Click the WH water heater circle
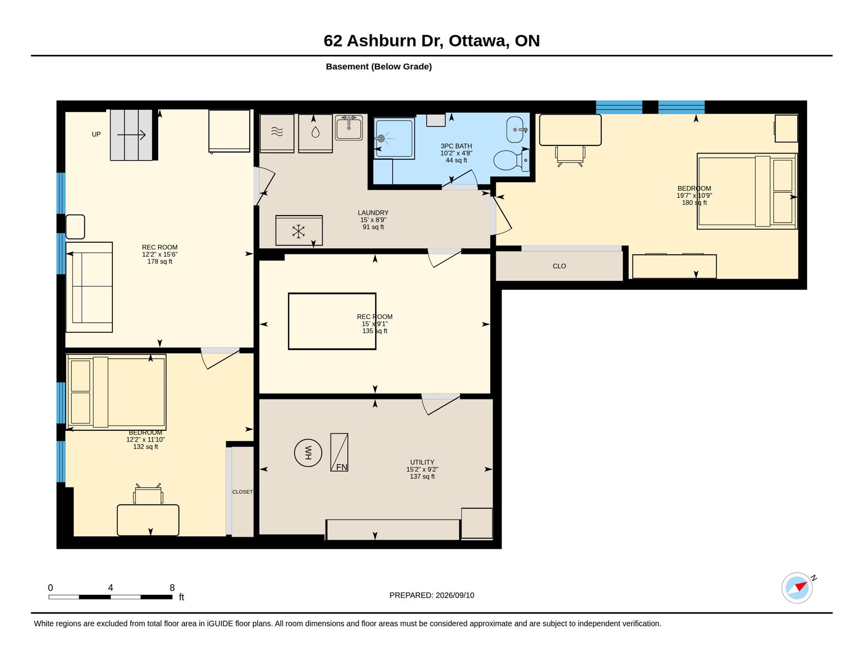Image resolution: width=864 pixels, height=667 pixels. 308,453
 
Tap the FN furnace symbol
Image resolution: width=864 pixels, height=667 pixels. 339,452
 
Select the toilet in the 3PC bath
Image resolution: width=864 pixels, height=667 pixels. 511,160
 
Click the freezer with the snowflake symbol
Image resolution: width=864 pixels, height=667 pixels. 299,231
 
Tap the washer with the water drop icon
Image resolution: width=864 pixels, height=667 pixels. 315,133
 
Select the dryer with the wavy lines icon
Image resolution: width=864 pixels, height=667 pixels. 277,133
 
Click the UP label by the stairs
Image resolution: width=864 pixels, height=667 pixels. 96,134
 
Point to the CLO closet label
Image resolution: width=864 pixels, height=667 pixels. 559,266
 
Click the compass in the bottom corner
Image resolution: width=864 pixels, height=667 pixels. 797,588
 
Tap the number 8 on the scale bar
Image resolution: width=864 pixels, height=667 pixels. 172,588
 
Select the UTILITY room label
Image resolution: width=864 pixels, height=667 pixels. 422,462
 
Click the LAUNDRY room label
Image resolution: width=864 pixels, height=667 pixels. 373,213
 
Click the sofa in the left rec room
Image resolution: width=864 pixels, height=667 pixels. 89,287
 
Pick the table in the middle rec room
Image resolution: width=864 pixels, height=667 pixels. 332,321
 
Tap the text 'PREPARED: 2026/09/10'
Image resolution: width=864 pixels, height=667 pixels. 432,595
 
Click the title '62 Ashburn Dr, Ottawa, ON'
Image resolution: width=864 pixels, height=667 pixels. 432,41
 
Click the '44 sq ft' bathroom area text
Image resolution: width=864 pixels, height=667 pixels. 456,161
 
